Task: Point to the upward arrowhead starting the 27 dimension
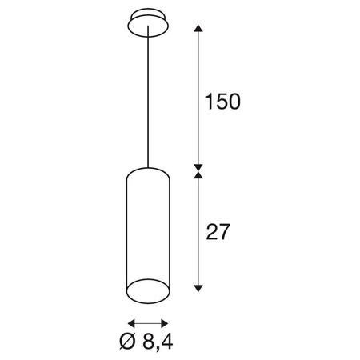pos(199,175)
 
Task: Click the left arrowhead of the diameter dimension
pos(130,322)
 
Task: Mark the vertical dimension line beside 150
pos(199,96)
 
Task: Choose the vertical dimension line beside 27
pos(199,232)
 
